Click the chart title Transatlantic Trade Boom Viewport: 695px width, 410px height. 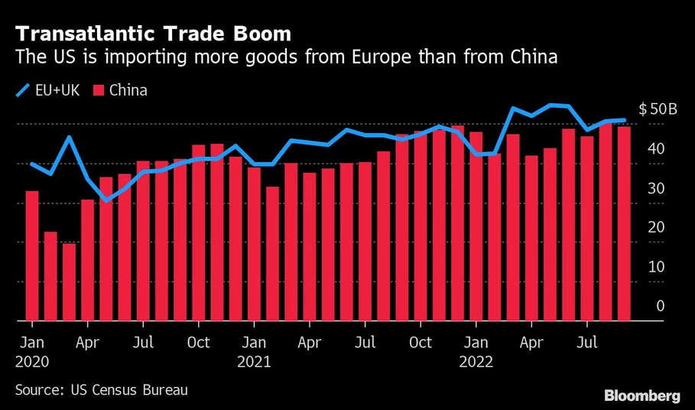151,34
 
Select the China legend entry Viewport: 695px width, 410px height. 121,91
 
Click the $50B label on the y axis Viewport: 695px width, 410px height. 658,109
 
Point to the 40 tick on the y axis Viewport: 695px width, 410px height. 657,148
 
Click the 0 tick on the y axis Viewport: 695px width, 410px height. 661,306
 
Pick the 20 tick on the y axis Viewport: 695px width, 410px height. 657,227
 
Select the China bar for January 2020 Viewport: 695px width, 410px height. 32,255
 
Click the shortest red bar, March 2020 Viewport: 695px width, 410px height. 69,282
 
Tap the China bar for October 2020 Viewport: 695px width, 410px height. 199,233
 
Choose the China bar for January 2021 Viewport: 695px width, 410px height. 254,244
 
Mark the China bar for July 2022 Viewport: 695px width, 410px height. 587,229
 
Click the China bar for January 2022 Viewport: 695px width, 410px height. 476,226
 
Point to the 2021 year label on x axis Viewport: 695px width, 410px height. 254,362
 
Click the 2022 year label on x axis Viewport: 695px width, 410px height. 476,362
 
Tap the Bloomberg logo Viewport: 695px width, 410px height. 642,395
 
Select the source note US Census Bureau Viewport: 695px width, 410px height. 101,390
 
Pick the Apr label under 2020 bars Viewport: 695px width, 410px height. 88,342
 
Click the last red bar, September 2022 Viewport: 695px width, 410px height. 624,223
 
